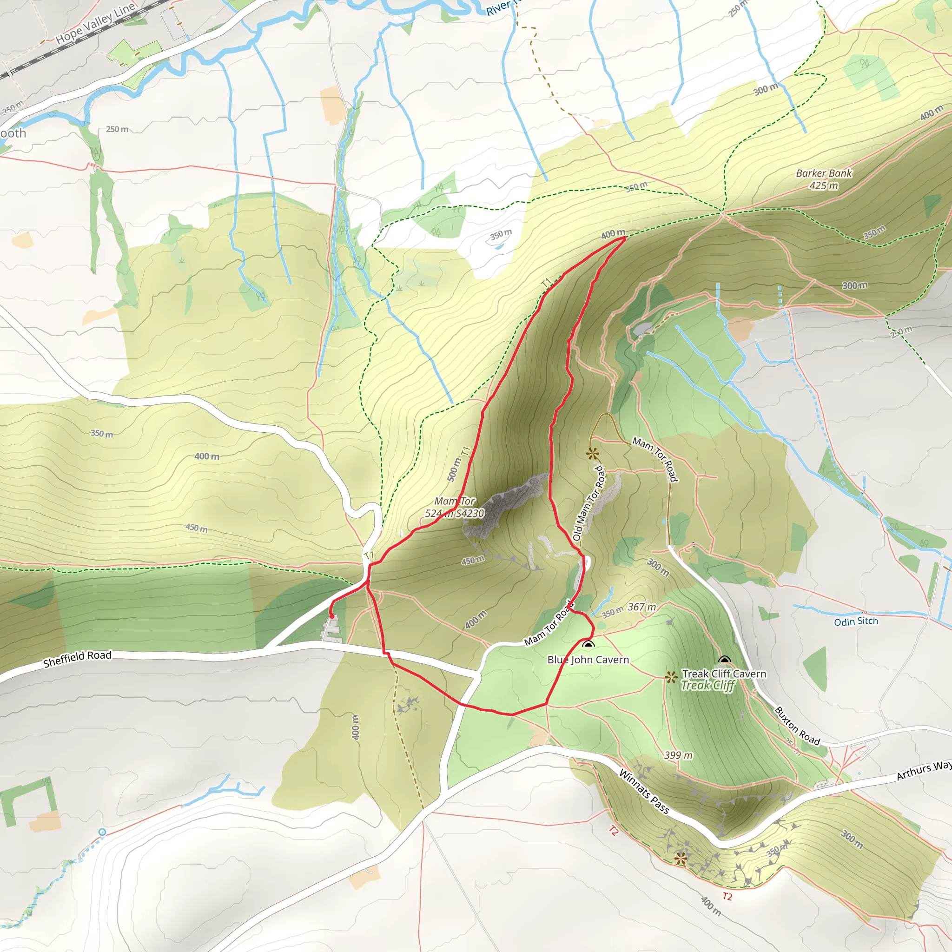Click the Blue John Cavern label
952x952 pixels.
(588, 660)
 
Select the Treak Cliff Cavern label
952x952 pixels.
(723, 674)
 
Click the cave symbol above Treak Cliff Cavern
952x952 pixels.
(724, 660)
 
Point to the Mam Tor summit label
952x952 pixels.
(454, 507)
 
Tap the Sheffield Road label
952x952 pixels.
(77, 659)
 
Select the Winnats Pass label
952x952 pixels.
(643, 792)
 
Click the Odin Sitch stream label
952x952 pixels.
(855, 621)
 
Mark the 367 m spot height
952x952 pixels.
(641, 607)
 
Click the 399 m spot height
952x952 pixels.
(678, 755)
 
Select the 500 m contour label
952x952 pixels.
(454, 469)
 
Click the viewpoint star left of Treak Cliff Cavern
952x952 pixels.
(670, 678)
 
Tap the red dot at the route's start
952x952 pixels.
(332, 616)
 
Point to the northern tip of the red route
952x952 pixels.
(625, 238)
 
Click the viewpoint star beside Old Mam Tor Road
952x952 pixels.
(592, 454)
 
